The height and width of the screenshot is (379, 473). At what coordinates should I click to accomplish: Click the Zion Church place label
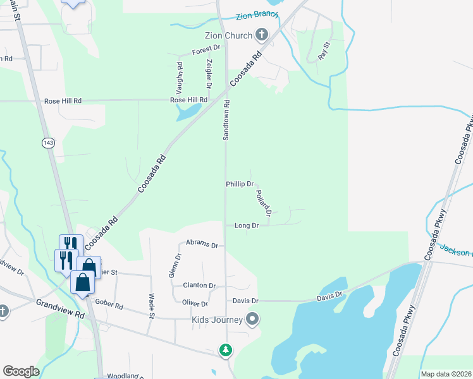point(228,35)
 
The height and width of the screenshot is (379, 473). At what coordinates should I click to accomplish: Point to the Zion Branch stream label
point(257,16)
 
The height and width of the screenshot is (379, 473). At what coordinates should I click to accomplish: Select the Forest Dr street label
point(206,48)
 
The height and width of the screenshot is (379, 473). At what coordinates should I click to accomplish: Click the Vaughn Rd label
point(180,74)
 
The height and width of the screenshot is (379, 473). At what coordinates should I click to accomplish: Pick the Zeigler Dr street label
point(208,74)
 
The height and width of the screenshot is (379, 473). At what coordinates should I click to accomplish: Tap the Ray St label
point(324,51)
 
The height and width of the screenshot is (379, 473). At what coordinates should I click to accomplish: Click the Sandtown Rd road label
point(226,120)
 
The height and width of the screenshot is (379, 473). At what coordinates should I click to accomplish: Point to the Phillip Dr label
point(240,184)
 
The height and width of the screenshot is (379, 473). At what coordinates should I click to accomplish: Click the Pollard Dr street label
point(264,203)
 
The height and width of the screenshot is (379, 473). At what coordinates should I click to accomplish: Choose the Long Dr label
point(247,226)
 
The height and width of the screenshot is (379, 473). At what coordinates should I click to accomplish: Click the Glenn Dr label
point(178,265)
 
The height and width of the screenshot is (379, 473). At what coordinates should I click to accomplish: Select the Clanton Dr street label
point(199,286)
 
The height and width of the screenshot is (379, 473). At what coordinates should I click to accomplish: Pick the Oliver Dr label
point(195,304)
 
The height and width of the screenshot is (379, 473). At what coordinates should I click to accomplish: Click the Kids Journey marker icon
point(253,319)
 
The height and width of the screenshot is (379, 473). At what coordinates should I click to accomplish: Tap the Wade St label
point(152,306)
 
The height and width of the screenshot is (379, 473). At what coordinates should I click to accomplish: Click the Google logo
point(21,371)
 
